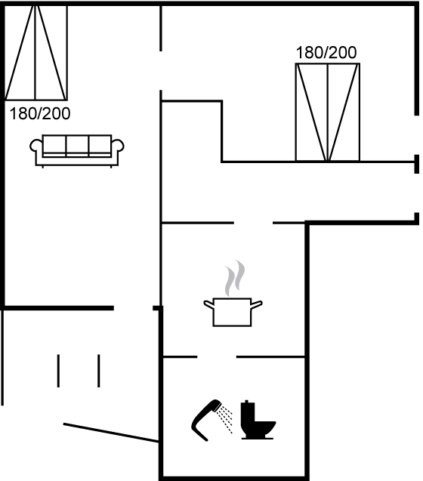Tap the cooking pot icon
pos(233,312)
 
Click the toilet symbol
pos(258,420)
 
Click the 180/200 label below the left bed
pos(40,113)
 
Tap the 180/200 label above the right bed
pos(326,52)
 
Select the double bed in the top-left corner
pos(36,53)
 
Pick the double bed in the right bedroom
pos(328,113)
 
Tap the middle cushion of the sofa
pos(77,146)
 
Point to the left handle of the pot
pos(208,304)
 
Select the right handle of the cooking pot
pos(257,304)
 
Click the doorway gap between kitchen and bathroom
pos(217,356)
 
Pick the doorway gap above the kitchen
pos(253,223)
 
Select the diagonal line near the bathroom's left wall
pos(111,433)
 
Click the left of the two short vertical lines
pos(58,371)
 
